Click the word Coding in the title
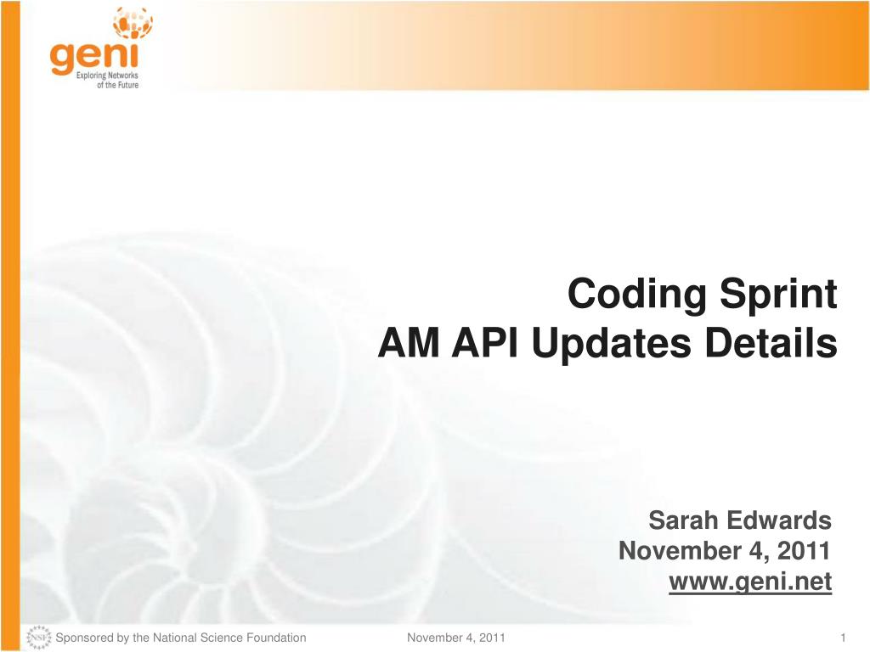coord(636,295)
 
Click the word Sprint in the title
coord(778,295)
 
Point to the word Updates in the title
coord(612,344)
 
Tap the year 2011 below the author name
coord(804,550)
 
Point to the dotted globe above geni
coord(133,22)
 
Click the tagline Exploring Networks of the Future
coord(108,80)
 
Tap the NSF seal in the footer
coord(39,638)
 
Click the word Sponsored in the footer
coord(84,638)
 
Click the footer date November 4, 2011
coord(456,638)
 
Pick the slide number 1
coord(843,638)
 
